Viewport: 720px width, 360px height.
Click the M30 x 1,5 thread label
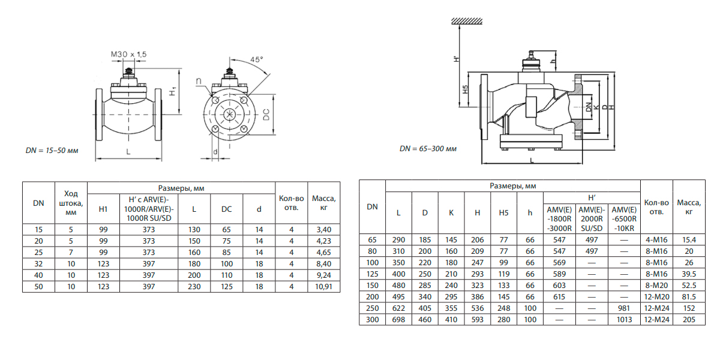coord(128,55)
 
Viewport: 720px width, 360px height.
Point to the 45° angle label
coord(257,60)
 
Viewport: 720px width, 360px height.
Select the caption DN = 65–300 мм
coord(428,148)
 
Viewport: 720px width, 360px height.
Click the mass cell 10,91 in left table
coord(323,287)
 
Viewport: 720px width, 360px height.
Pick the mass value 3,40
coord(323,230)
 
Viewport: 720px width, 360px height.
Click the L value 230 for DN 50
coord(194,287)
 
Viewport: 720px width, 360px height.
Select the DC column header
coord(226,209)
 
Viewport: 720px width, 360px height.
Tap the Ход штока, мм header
coord(71,202)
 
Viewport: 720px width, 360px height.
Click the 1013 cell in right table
coord(624,320)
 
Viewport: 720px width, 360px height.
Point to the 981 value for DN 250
coord(624,308)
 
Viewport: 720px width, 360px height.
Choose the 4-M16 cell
coord(656,240)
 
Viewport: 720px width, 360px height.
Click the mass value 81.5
coord(689,297)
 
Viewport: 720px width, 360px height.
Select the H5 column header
coord(503,213)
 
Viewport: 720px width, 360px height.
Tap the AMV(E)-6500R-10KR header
coord(624,218)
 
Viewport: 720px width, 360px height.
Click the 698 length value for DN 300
coord(398,320)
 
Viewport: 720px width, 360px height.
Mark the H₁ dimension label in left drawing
coord(172,92)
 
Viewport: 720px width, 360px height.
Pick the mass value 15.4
coord(689,240)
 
